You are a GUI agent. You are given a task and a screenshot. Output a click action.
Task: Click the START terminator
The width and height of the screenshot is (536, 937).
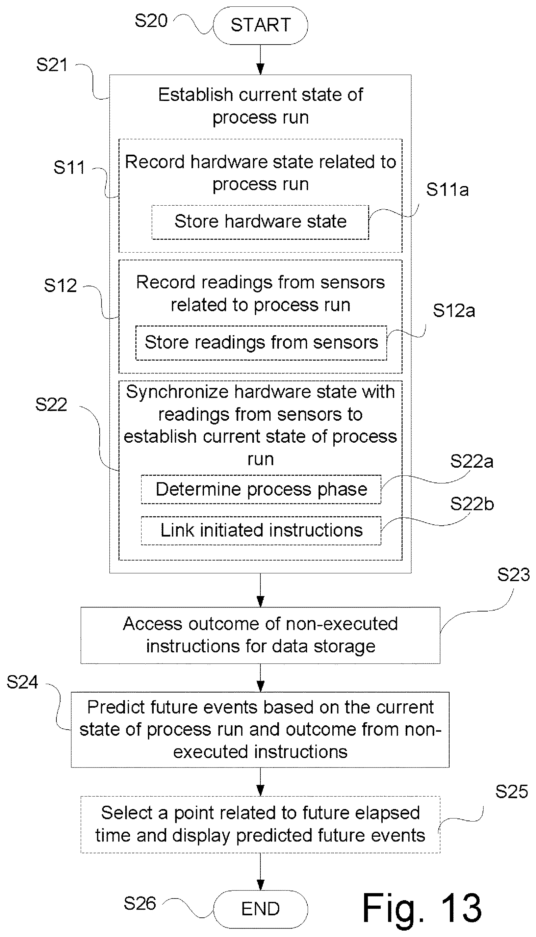click(x=260, y=25)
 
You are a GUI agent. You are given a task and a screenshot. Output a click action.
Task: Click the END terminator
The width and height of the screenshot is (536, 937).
click(x=260, y=909)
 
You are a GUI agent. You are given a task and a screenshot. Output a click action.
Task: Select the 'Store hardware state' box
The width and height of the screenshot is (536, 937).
click(x=260, y=222)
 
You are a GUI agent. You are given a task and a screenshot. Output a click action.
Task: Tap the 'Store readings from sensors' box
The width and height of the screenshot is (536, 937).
click(x=261, y=343)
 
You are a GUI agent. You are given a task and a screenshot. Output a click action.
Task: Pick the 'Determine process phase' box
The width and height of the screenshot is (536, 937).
click(x=261, y=490)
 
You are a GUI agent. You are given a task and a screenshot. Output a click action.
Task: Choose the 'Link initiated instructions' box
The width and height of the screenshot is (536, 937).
click(x=261, y=531)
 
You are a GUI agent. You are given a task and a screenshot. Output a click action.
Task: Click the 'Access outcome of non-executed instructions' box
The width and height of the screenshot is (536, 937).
click(x=260, y=635)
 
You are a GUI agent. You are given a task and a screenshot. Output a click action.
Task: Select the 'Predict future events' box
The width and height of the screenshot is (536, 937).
click(x=260, y=730)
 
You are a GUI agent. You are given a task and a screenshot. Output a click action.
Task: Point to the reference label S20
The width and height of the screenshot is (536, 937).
click(x=151, y=21)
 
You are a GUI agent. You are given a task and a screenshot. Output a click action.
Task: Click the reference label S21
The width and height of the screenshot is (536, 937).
click(x=52, y=65)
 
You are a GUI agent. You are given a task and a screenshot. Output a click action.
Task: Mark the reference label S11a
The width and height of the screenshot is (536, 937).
click(x=447, y=190)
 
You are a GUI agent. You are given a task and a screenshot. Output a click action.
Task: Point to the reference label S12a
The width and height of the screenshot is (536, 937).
click(x=454, y=311)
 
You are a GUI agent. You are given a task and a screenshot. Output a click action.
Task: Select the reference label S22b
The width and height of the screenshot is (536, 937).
click(x=472, y=504)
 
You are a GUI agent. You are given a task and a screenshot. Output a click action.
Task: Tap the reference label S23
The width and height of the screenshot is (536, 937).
click(x=514, y=575)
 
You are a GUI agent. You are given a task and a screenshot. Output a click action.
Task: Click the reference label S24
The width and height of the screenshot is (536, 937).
click(x=22, y=682)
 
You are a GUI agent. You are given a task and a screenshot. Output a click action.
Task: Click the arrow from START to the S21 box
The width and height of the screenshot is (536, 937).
click(x=260, y=60)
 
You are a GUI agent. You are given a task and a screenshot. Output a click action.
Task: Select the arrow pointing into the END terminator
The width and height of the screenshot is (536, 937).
click(x=260, y=872)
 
